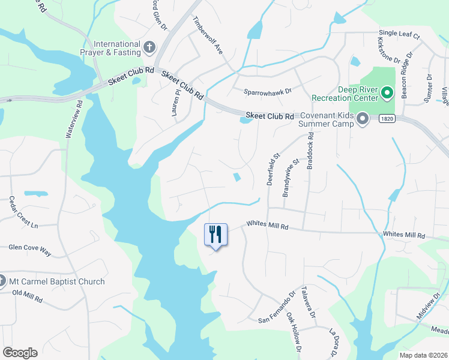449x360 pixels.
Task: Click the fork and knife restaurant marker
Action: pyautogui.click(x=216, y=234)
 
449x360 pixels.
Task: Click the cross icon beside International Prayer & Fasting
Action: pyautogui.click(x=149, y=46)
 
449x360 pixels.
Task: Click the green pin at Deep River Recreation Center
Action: pyautogui.click(x=387, y=92)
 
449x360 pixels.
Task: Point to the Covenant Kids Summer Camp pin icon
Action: pyautogui.click(x=362, y=120)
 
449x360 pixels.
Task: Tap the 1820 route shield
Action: pyautogui.click(x=386, y=119)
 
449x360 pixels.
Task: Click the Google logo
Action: pyautogui.click(x=20, y=353)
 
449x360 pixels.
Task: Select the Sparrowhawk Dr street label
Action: pyautogui.click(x=267, y=91)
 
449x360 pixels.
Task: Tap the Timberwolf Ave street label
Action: pyautogui.click(x=208, y=35)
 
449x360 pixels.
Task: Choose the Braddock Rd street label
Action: pyautogui.click(x=310, y=154)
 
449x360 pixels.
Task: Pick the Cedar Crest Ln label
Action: pyautogui.click(x=23, y=212)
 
